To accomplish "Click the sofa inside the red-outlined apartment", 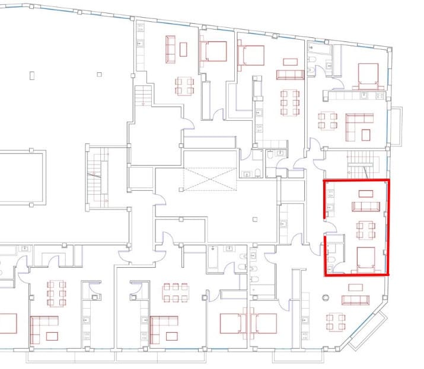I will [x=365, y=206].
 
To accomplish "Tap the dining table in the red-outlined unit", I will [x=366, y=229].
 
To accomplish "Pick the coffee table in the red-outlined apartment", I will [x=365, y=193].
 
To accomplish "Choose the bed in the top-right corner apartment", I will [x=368, y=75].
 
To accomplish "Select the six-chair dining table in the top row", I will [x=289, y=102].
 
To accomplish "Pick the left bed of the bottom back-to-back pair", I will [x=232, y=323].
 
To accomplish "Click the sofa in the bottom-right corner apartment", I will [x=355, y=299].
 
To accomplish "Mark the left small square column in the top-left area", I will [x=30, y=75].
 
